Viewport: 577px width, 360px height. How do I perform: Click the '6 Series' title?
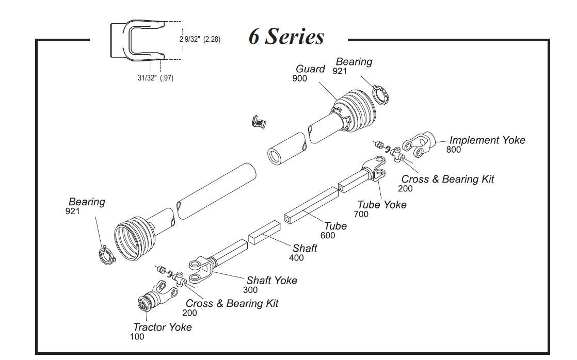pos(286,37)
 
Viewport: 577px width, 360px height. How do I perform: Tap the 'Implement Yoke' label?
pos(487,140)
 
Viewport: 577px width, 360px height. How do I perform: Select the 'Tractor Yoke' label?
pos(162,327)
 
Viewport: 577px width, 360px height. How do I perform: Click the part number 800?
pos(454,150)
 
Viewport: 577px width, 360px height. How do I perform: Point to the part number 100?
pos(137,337)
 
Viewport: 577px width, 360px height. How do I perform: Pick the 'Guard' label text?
pos(310,69)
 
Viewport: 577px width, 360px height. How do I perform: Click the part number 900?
pos(299,78)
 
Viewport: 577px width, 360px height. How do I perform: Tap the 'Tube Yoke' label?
pos(382,205)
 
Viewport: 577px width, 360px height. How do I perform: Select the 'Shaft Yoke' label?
pos(271,281)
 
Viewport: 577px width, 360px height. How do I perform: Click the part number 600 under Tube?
pos(327,236)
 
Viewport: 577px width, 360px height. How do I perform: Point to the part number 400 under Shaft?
pos(296,258)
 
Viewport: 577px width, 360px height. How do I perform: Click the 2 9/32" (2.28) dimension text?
pos(200,39)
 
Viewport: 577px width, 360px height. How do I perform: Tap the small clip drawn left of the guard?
pos(257,123)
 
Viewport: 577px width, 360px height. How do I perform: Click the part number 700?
pos(361,214)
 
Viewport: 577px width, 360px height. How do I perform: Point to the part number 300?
pos(250,290)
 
